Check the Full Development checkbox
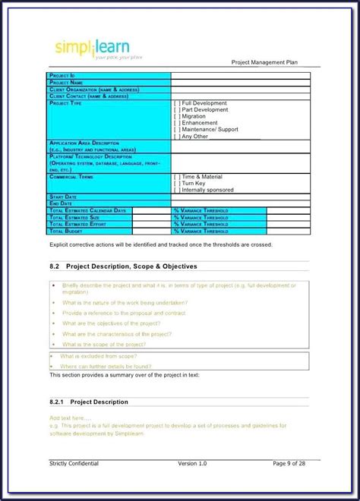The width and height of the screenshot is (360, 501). pos(177,102)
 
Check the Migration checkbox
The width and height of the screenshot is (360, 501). pos(177,116)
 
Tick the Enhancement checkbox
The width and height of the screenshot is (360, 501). pos(177,123)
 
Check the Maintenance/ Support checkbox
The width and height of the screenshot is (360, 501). pos(177,130)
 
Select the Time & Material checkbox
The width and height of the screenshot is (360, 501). pos(177,176)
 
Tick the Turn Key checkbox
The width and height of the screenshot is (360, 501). pos(177,183)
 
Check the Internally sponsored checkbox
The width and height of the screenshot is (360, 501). pos(177,190)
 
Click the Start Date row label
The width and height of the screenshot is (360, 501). pos(63,197)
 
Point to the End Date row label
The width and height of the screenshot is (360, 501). pos(62,203)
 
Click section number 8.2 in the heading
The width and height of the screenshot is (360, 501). pos(55,266)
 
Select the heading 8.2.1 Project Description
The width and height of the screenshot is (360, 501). pos(89,402)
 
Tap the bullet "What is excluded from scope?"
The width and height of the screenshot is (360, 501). pos(99,355)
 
